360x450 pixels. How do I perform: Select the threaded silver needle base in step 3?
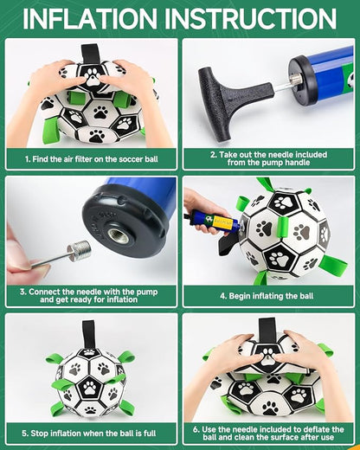coord(79,251)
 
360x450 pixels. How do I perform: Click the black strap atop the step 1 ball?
coord(90,55)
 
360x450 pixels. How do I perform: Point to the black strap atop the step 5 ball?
coord(88,334)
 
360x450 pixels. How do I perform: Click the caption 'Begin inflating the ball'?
coord(271,296)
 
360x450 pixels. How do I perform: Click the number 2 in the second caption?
coord(213,155)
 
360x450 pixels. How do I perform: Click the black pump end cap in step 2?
coord(305,80)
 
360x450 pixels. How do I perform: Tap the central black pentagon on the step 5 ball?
coord(89,388)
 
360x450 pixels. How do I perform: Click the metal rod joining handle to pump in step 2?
coord(282,87)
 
